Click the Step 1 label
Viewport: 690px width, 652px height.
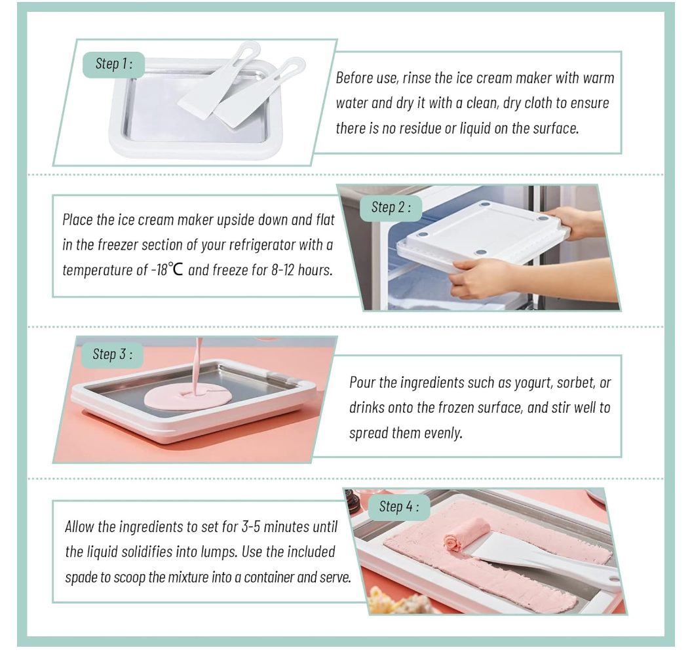point(114,64)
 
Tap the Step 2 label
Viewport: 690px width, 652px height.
point(391,207)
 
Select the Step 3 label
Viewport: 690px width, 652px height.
point(112,355)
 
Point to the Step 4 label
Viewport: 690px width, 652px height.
point(398,507)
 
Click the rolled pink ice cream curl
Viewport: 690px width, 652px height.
point(460,536)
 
